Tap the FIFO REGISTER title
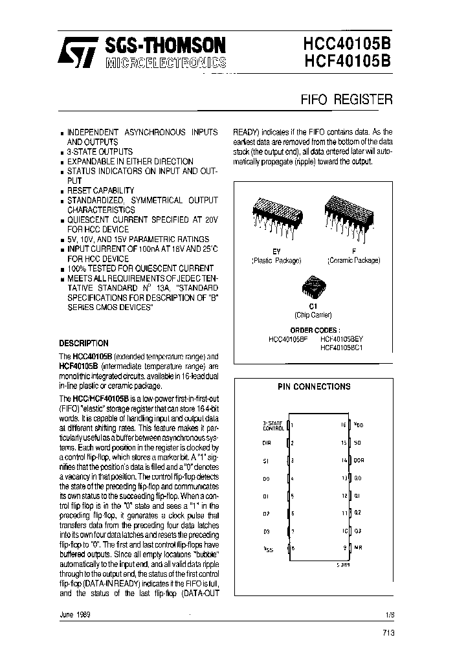click(x=346, y=100)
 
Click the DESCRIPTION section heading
click(x=83, y=343)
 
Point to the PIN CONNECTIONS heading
click(x=314, y=386)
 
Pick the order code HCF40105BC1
click(x=342, y=347)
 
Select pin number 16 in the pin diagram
click(x=343, y=425)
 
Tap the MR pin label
click(x=357, y=548)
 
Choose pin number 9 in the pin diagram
click(x=344, y=548)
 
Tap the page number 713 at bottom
click(x=386, y=632)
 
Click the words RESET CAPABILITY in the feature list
click(x=101, y=190)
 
